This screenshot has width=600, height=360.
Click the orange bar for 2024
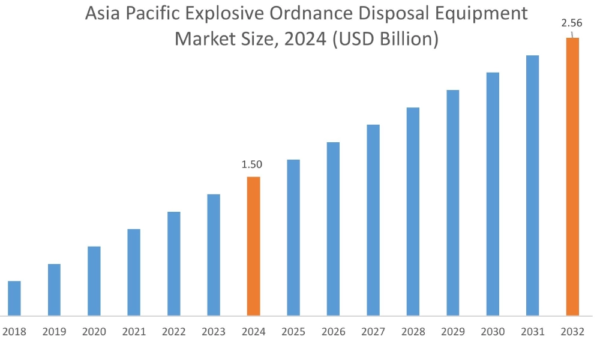tap(253, 246)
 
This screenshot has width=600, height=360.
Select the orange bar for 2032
tap(572, 177)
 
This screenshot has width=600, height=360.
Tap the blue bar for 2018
tap(14, 298)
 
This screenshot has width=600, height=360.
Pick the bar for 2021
tap(134, 272)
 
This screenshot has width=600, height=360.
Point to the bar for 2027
tap(373, 220)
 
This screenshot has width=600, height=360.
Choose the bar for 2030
tap(493, 194)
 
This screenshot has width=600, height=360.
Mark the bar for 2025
tap(293, 237)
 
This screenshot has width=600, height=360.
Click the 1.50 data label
tap(251, 164)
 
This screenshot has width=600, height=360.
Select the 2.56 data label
tap(571, 23)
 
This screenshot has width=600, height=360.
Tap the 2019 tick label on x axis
tap(54, 332)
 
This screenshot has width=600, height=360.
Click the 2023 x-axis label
tap(214, 332)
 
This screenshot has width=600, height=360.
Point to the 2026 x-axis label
tap(333, 332)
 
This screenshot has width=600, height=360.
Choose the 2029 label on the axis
tap(452, 332)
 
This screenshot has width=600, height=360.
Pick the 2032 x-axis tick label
tap(572, 332)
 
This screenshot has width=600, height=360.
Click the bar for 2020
tap(94, 281)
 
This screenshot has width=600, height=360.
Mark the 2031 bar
tap(532, 185)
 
